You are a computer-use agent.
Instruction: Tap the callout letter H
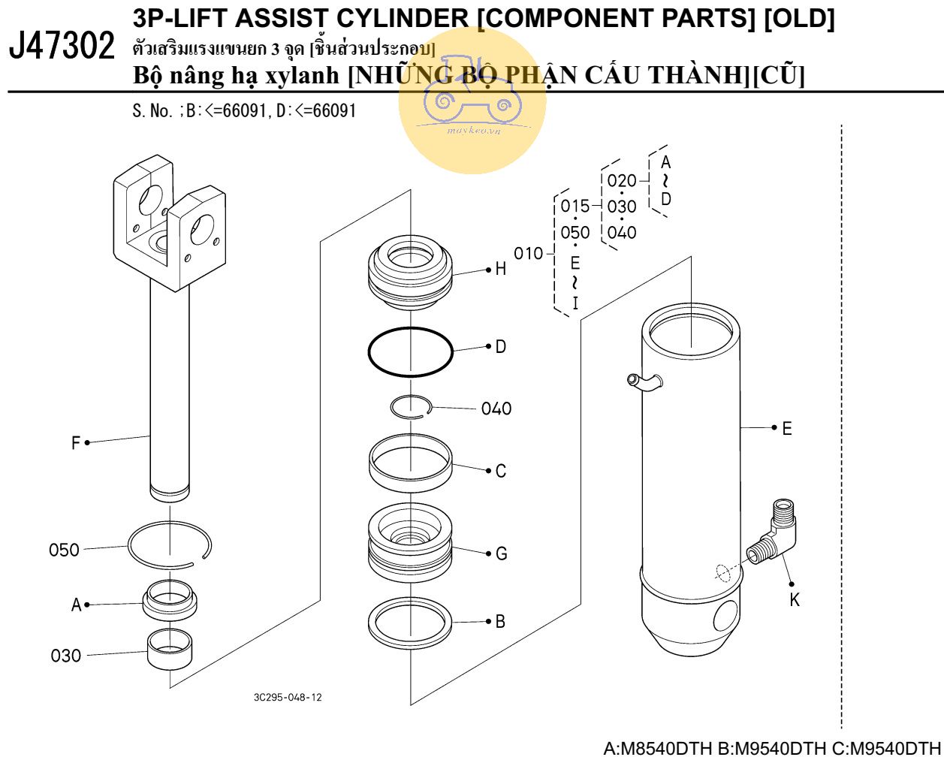point(500,269)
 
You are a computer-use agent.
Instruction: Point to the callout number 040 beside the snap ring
point(496,409)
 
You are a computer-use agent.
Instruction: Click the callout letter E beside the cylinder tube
point(786,428)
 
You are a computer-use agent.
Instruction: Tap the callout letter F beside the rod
point(75,443)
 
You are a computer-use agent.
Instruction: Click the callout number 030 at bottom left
point(65,656)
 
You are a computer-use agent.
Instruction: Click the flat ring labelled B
point(410,623)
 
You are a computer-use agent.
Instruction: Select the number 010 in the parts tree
point(528,254)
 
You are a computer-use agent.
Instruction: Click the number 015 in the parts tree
point(575,206)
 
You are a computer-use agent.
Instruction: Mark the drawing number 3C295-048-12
point(288,697)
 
